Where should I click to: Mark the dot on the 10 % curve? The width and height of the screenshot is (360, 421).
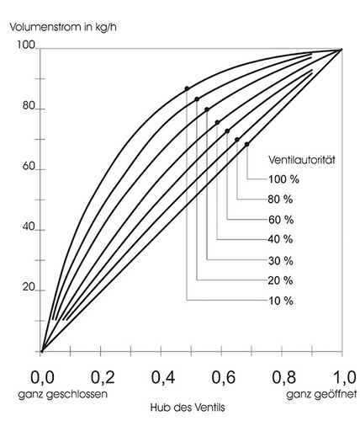(x=187, y=88)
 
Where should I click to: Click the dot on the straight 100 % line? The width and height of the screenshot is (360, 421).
(x=246, y=144)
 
